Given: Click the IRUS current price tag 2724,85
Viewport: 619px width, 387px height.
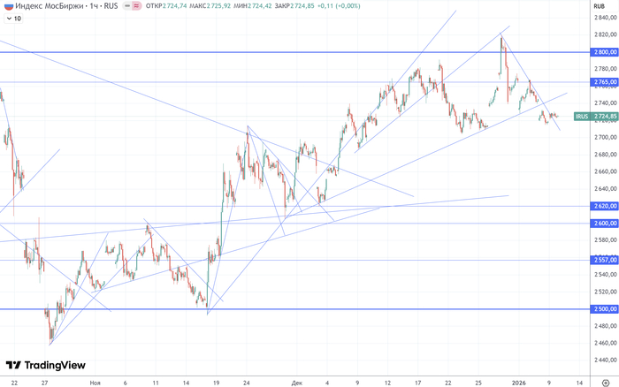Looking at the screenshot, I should click(x=593, y=116).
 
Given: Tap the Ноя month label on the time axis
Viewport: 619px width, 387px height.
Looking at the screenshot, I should click(x=95, y=383).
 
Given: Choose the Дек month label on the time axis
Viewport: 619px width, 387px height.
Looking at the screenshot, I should click(x=296, y=383).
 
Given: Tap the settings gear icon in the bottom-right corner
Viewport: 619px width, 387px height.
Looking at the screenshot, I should click(x=605, y=383).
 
